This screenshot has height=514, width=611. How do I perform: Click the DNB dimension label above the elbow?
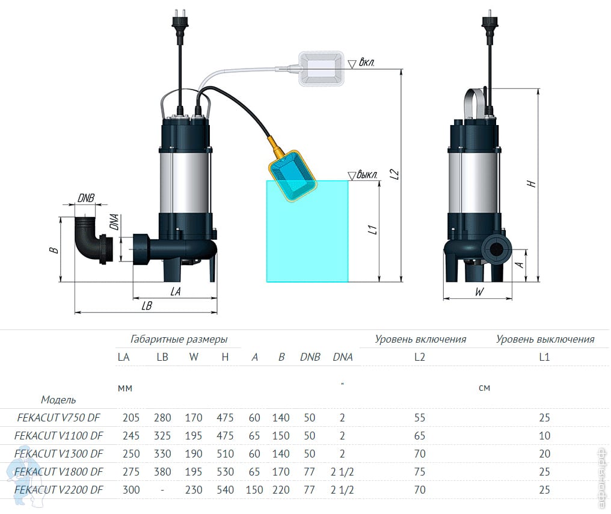[x=86, y=199]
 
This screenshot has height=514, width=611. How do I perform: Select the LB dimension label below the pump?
[x=146, y=305]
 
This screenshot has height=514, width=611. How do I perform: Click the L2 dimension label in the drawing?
[x=395, y=174]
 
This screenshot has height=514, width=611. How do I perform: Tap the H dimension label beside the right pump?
[x=532, y=183]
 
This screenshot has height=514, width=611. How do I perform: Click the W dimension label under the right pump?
[x=479, y=292]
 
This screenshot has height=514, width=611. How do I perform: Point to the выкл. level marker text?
[x=367, y=175]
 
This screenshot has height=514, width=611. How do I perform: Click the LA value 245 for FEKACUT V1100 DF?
[x=131, y=436]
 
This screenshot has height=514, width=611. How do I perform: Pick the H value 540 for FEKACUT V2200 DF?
[x=225, y=490]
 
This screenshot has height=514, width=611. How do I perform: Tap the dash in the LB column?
[x=162, y=490]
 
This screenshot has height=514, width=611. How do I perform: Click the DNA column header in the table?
[x=343, y=357]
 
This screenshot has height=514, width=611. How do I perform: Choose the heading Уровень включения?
[x=420, y=339]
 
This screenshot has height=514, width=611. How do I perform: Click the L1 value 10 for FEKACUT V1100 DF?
[x=544, y=436]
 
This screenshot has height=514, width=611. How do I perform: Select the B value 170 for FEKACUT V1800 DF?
[x=281, y=472]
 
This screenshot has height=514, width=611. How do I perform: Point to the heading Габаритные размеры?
[x=179, y=339]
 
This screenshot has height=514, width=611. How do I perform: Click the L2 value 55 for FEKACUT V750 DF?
[x=420, y=418]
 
